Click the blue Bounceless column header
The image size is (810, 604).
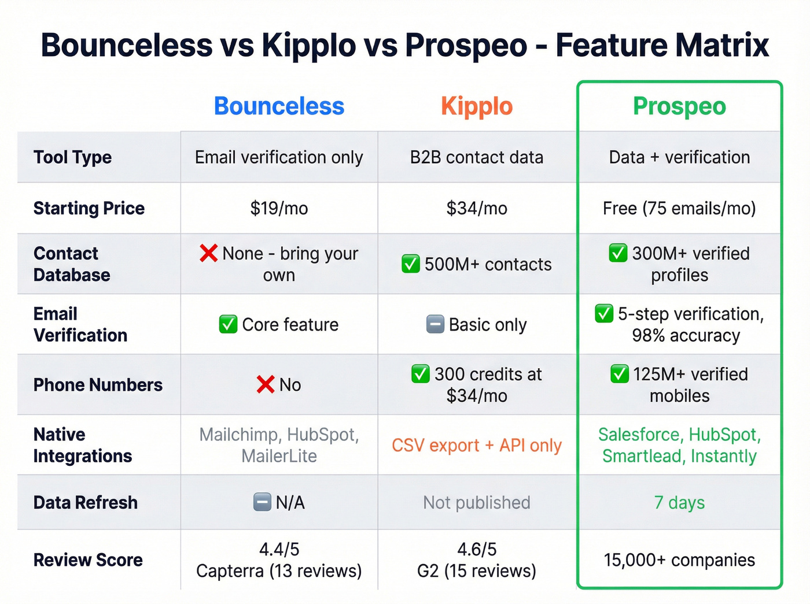279,106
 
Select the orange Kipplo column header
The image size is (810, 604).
477,106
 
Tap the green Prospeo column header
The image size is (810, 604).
679,106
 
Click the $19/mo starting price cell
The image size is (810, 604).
279,208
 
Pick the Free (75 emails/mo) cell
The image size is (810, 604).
679,208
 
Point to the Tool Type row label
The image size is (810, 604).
73,157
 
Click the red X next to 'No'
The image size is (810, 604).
266,384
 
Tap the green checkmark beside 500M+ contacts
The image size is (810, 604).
411,264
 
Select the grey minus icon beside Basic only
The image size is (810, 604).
435,324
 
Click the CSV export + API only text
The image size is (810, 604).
477,445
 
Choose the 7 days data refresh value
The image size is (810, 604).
679,502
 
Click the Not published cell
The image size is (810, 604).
477,502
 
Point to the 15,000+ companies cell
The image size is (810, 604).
679,559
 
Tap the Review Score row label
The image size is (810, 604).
88,559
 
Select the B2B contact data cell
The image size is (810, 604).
477,157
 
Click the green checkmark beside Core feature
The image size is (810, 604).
228,324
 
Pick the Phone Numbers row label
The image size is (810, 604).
98,384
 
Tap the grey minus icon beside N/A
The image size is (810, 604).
262,502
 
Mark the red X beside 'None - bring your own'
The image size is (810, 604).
208,253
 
